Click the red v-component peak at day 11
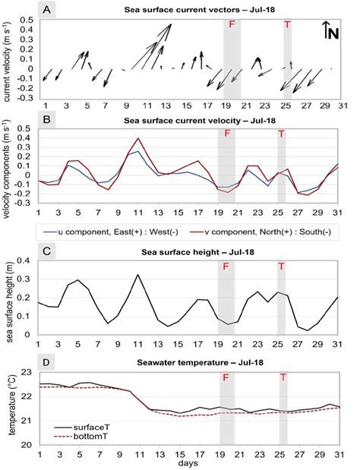click(x=137, y=139)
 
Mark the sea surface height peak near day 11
click(x=137, y=275)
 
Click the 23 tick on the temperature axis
click(x=30, y=371)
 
